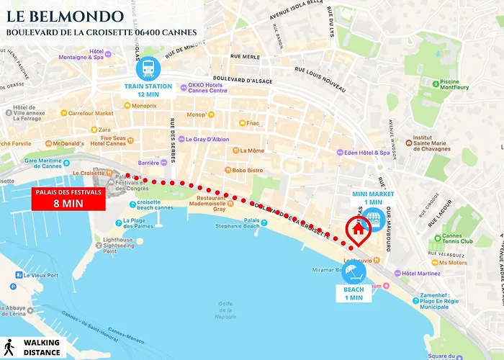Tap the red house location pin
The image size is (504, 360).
coord(358,230)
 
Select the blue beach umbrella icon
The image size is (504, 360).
coord(353,271)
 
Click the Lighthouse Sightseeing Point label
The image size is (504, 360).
coord(114,243)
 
